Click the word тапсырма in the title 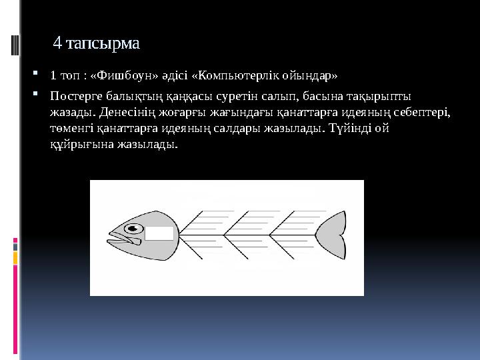109,44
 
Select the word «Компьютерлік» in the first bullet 224,74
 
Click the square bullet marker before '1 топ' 43,73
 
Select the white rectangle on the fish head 159,233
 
